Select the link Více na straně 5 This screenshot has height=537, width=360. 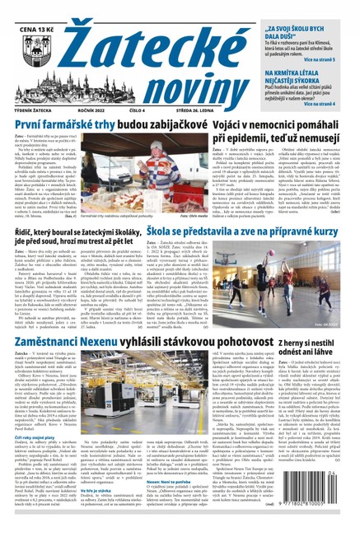pyautogui.click(x=330, y=61)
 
